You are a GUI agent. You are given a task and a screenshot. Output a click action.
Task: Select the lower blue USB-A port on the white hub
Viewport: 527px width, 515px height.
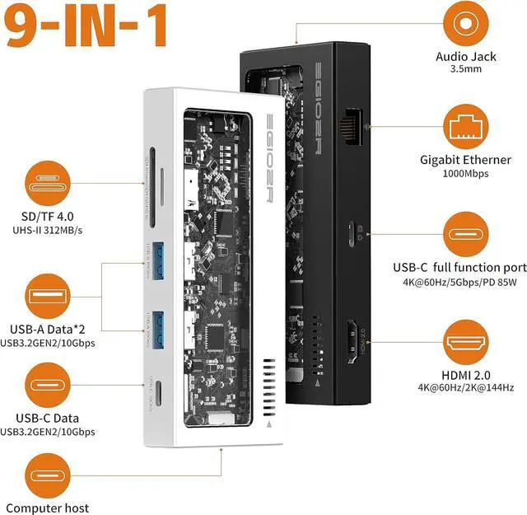pyautogui.click(x=160, y=322)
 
